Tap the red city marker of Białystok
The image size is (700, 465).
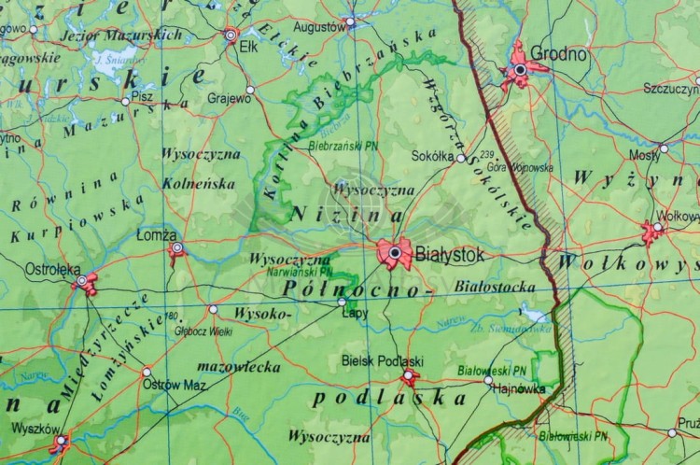[395, 252]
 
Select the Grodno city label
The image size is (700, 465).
[558, 54]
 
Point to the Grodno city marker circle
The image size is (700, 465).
[520, 69]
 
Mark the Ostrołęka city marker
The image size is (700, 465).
[82, 280]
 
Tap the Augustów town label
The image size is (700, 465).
[318, 26]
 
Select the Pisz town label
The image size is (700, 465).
[143, 96]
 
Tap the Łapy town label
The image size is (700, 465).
[355, 313]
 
